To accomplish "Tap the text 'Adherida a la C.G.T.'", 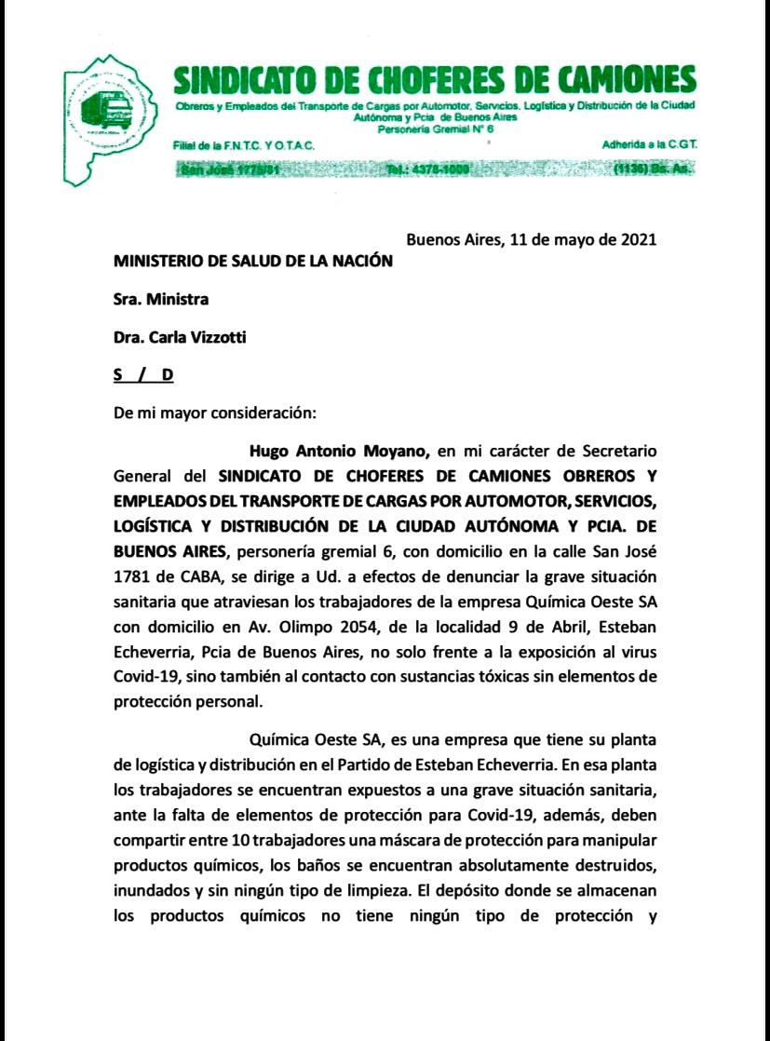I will tap(650, 145).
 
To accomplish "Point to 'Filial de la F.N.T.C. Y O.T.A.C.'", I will tap(244, 146).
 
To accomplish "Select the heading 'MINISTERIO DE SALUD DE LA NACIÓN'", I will tap(253, 262).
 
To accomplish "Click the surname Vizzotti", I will tap(213, 338).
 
